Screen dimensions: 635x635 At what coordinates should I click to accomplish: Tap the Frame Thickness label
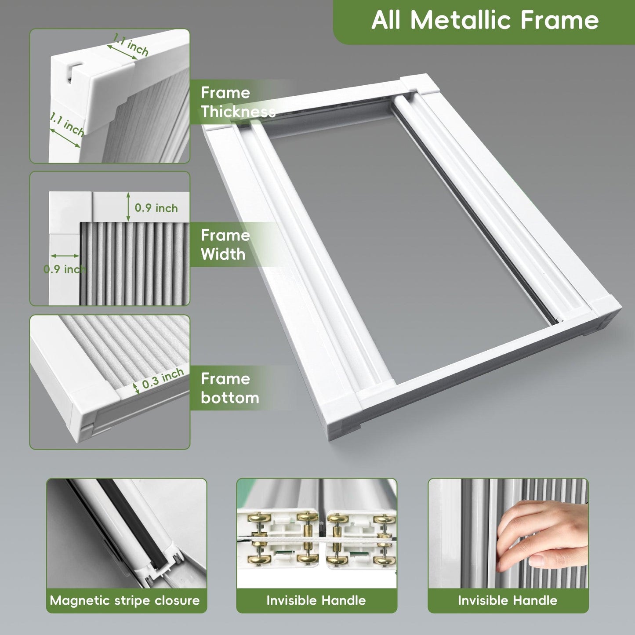point(238,102)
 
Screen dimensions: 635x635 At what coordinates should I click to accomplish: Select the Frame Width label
point(225,245)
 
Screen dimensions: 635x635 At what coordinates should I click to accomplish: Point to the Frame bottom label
point(230,388)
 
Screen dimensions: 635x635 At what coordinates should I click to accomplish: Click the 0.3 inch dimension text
point(163,378)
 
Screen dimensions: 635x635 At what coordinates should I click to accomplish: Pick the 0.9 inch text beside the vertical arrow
point(156,208)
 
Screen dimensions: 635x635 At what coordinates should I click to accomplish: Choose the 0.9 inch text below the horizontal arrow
point(65,269)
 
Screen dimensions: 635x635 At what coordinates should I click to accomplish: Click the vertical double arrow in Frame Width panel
point(128,207)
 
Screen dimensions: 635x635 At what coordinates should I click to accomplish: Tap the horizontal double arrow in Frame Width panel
point(65,256)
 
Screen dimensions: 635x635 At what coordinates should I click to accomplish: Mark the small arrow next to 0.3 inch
point(136,388)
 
